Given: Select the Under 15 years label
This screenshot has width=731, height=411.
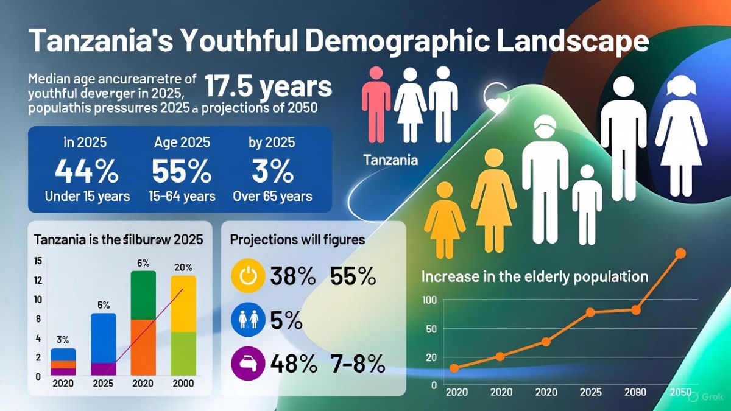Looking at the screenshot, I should [x=87, y=196].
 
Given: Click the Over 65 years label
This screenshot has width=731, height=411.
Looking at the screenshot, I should [x=272, y=196].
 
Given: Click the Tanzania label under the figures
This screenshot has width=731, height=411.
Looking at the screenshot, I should [x=390, y=161].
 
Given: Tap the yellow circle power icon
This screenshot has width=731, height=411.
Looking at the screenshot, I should [x=247, y=277].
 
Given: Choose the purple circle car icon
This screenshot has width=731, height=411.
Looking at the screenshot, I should [x=247, y=364].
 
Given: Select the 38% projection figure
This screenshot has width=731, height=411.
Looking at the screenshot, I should [x=292, y=277].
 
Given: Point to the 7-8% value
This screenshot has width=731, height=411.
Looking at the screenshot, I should [x=358, y=364].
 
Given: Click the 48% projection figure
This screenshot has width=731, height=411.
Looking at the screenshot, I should [x=294, y=364].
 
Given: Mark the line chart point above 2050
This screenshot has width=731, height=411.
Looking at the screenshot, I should [x=680, y=253].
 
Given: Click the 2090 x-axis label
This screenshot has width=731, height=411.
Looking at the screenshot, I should [x=635, y=392].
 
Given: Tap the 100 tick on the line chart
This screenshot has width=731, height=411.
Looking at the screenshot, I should [x=429, y=300].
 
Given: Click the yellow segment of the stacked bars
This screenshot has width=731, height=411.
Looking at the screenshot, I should [x=183, y=304].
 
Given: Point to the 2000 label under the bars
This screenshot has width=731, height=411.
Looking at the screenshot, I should [x=183, y=384].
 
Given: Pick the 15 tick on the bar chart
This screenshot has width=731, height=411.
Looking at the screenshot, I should [x=38, y=261].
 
